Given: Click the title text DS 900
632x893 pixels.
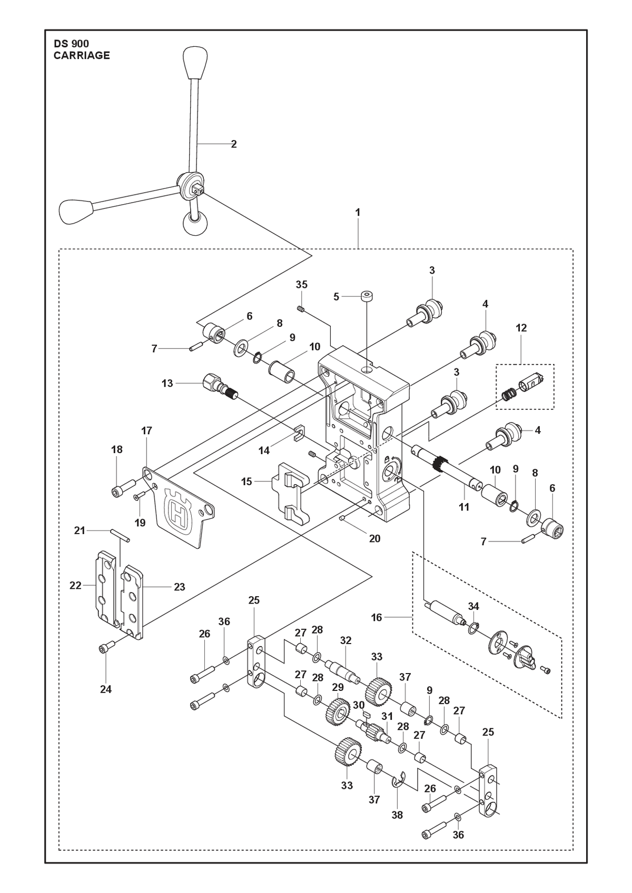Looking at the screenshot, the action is (72, 44).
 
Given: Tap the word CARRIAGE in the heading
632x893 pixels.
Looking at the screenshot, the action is (82, 55).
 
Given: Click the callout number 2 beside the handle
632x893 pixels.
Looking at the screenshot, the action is (234, 144).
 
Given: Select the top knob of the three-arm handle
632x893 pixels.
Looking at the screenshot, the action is (195, 63).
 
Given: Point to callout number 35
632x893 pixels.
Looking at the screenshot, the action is (302, 285).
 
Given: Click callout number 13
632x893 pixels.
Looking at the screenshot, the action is (167, 383).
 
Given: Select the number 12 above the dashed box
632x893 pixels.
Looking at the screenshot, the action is (521, 328).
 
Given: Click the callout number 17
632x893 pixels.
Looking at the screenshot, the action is (146, 430).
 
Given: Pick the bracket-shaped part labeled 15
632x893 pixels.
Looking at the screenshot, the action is (291, 493).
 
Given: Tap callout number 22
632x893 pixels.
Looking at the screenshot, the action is (75, 585).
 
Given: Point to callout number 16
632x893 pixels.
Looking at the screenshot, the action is (376, 618).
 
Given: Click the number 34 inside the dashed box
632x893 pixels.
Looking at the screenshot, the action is (473, 606).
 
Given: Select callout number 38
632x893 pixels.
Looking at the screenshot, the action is (397, 815).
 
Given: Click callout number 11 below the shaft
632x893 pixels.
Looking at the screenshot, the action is (463, 507).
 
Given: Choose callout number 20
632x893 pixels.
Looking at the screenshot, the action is (374, 539).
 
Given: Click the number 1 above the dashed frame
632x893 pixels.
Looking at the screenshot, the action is (358, 213).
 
